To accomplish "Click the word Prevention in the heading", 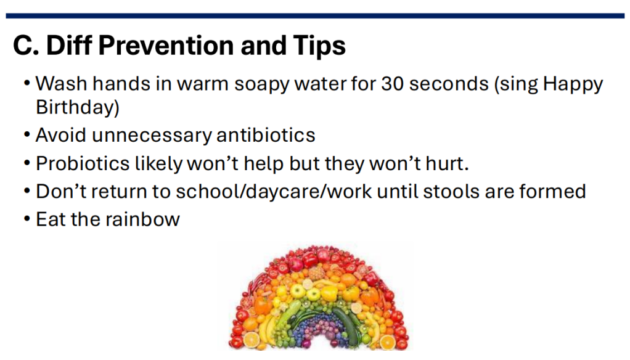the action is [x=166, y=45].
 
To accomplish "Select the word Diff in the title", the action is [x=69, y=45].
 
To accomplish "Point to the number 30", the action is [x=392, y=84].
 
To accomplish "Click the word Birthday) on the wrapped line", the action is [x=78, y=107].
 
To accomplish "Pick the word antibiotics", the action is [x=266, y=134].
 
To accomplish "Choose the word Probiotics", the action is [x=83, y=163].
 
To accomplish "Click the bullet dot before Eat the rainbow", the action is [x=27, y=219].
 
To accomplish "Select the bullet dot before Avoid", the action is [x=27, y=135].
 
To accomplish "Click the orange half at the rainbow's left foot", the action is [x=252, y=340].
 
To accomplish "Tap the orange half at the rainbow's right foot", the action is [x=387, y=342].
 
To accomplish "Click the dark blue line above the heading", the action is [x=315, y=15].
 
